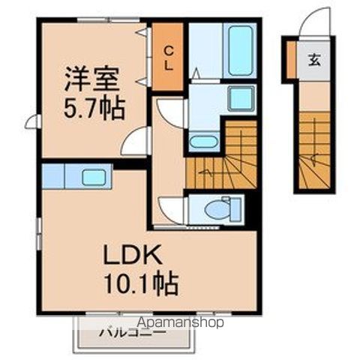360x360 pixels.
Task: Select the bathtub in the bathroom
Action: [x=241, y=49]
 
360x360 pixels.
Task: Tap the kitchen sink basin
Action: [x=94, y=178]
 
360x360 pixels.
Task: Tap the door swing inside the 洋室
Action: [x=136, y=140]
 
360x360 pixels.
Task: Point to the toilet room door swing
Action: [x=171, y=209]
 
